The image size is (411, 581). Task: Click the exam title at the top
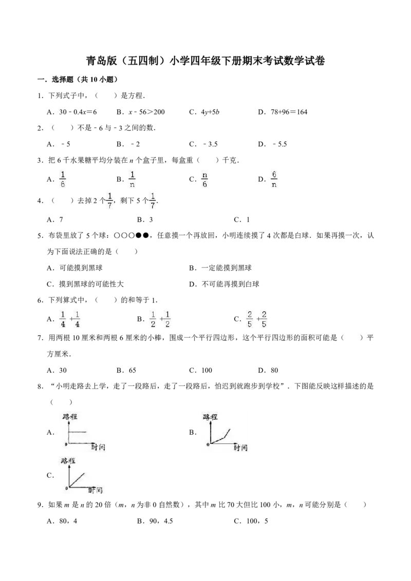tap(206, 61)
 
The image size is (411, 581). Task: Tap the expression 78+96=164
tap(289, 112)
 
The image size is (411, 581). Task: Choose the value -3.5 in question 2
tap(210, 144)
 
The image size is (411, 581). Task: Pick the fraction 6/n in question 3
tap(274, 179)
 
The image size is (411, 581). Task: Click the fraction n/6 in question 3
tap(204, 179)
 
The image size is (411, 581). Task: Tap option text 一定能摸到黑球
tap(226, 268)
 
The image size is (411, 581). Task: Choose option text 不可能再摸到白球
tap(230, 284)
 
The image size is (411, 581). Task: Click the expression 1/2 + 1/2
tap(160, 319)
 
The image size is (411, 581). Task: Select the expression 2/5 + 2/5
tap(257, 319)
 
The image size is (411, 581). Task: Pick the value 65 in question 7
tap(133, 370)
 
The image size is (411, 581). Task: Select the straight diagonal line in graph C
tap(77, 480)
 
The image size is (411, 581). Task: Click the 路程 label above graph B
tap(210, 417)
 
